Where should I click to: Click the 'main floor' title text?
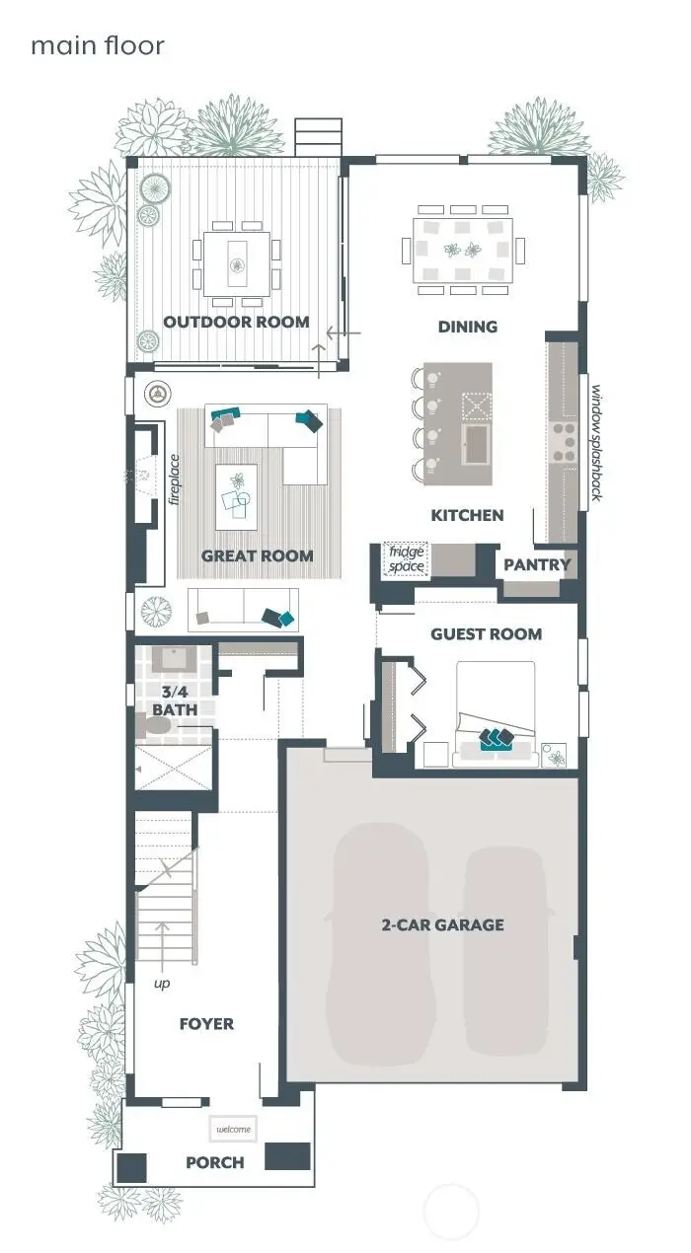[97, 45]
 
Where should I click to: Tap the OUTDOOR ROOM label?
[236, 322]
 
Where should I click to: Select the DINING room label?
[467, 327]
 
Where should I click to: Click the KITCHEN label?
[467, 515]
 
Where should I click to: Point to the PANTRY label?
[537, 565]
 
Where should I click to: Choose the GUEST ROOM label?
[486, 634]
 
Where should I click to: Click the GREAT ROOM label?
[257, 556]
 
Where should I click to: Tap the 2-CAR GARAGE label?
[442, 925]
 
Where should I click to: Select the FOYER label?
[206, 1024]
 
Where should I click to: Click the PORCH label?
[214, 1163]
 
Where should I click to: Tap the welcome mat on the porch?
[233, 1129]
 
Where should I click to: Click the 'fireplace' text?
[174, 479]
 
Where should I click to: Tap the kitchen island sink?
[476, 443]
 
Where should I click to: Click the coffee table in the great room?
[235, 491]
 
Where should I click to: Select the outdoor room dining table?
[237, 263]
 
